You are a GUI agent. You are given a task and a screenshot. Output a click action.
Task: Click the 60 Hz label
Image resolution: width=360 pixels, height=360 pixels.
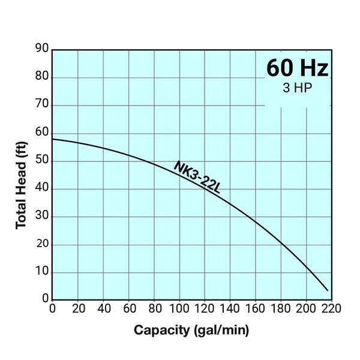click(x=298, y=68)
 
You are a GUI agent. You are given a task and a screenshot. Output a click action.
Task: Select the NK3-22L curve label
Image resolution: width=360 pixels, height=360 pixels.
click(x=197, y=177)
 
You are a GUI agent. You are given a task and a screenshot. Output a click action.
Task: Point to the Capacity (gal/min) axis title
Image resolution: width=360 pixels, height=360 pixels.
click(x=191, y=330)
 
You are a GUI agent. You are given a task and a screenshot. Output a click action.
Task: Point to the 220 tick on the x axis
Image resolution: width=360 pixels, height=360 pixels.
click(x=331, y=309)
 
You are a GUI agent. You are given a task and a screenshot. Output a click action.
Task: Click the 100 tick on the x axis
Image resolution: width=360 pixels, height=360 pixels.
click(x=179, y=309)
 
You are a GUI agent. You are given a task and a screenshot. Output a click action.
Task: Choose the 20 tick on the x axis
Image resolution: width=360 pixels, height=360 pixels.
click(x=78, y=309)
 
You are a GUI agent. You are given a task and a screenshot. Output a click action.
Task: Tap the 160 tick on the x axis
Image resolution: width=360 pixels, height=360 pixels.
click(x=256, y=309)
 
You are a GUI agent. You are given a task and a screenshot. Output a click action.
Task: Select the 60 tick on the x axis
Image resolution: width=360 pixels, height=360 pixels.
click(x=128, y=309)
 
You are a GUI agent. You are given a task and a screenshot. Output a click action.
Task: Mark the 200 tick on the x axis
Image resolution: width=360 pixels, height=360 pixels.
click(x=306, y=309)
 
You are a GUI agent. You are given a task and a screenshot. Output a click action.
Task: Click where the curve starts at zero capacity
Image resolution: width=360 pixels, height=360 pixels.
click(x=53, y=139)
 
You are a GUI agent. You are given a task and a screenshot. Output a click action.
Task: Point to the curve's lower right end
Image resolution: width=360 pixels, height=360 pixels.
click(x=327, y=290)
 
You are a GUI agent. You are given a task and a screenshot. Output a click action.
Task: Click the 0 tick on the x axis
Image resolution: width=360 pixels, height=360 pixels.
click(x=53, y=309)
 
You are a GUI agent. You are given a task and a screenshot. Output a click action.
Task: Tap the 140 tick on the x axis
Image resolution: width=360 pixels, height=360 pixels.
click(x=230, y=309)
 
